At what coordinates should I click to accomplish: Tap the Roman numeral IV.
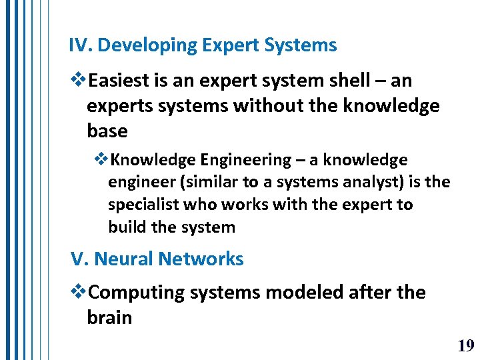tap(80, 45)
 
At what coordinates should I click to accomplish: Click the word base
tap(107, 131)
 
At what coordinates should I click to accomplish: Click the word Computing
tap(136, 293)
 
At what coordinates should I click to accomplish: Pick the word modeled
tap(302, 293)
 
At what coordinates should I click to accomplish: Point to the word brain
tap(109, 317)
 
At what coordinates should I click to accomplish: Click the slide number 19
tap(465, 345)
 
